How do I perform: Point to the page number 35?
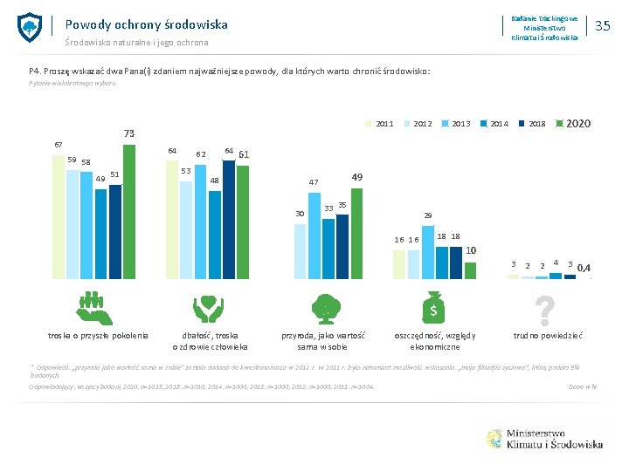[602, 26]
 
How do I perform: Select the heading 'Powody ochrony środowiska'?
[146, 24]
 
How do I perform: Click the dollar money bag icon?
[434, 308]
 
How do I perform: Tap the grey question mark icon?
[545, 308]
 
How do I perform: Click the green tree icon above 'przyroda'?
[323, 308]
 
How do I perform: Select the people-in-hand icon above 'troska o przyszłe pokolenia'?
[91, 308]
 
